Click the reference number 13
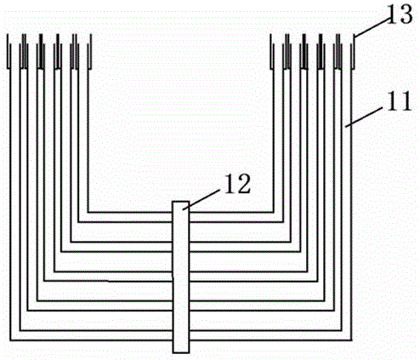(x=400, y=14)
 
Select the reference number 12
(x=238, y=184)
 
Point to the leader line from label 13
(x=372, y=27)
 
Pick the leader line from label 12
(x=201, y=200)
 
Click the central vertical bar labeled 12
(x=181, y=277)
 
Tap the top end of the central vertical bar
(x=181, y=202)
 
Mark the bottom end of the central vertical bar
(x=181, y=353)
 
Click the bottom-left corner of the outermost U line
(x=10, y=340)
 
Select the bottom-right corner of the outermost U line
(x=351, y=340)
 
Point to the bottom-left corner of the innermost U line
(x=88, y=212)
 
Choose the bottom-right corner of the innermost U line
(x=273, y=212)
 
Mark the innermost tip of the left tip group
(x=90, y=51)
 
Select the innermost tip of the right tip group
(x=271, y=51)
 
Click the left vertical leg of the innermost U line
(x=88, y=140)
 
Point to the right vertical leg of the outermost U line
(x=351, y=204)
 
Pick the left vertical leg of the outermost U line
(x=10, y=204)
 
